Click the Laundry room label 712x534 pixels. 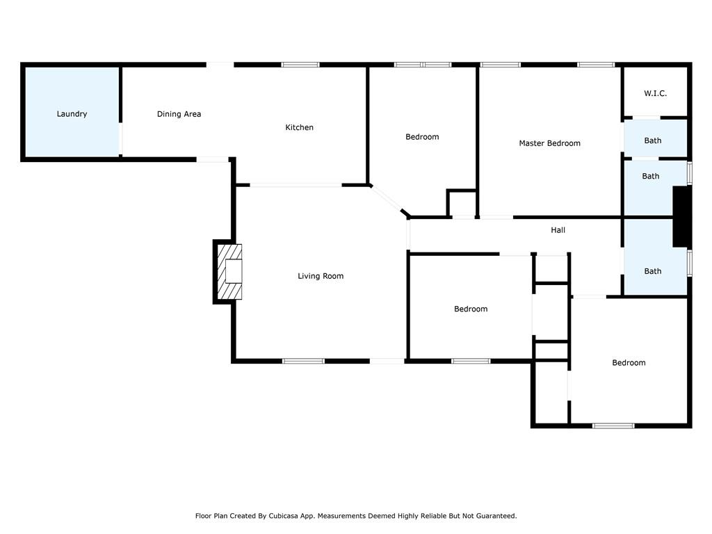[x=72, y=114]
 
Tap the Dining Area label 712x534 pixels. [x=179, y=114]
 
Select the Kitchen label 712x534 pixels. [x=299, y=127]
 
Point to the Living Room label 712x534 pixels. [x=321, y=276]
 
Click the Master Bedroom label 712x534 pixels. [x=549, y=143]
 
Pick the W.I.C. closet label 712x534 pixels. [x=655, y=94]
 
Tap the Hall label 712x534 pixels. [x=558, y=230]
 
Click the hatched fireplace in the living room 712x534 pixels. [x=229, y=272]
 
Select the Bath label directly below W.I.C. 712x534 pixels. [x=652, y=140]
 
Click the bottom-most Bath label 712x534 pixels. [x=652, y=272]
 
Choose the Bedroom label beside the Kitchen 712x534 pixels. [x=422, y=137]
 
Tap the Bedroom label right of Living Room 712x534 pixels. [x=471, y=309]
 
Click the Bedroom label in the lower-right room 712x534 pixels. [x=629, y=363]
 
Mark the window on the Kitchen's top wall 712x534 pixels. [x=300, y=65]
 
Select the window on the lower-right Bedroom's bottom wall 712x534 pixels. [x=613, y=426]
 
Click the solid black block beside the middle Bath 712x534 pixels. [x=681, y=217]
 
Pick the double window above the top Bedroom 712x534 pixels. [x=423, y=65]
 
